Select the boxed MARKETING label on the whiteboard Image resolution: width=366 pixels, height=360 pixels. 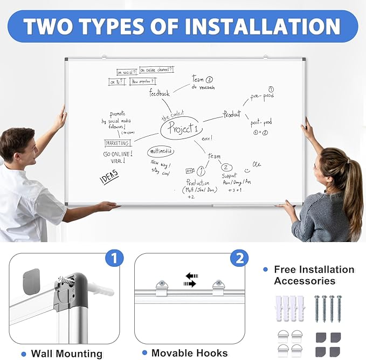point(118,143)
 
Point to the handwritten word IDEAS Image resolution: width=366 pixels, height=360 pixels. point(109,178)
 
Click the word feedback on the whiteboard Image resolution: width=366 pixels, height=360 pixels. point(159,93)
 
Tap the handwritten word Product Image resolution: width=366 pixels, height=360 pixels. point(232,114)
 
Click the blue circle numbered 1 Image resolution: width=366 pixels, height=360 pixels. point(113,258)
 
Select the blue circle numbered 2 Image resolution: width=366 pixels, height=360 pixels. point(239,258)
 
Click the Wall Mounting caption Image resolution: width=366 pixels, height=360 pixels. point(66,354)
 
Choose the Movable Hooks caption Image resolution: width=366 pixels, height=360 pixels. point(189,354)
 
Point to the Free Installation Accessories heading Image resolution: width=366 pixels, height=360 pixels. point(314,275)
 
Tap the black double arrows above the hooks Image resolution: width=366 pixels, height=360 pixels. point(191,280)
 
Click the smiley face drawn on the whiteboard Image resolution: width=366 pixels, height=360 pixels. point(246,170)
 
